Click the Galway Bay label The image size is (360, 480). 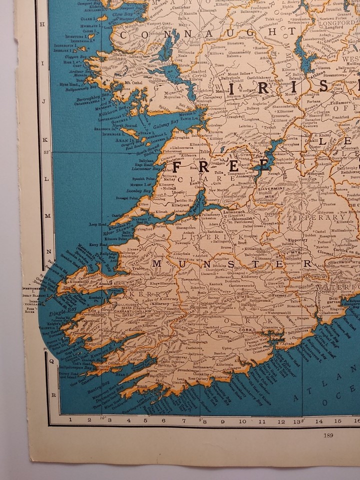coord(167,121)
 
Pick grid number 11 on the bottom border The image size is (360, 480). coord(261,420)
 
